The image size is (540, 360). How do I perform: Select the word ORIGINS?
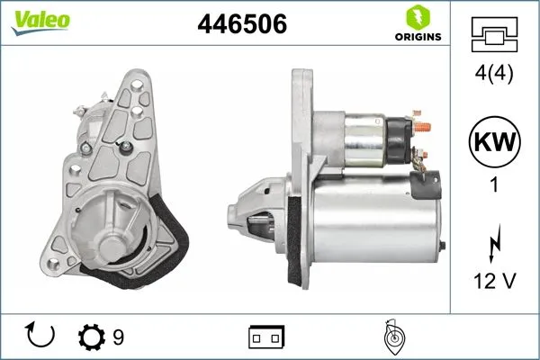click(x=418, y=38)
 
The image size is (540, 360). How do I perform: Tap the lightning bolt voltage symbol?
click(x=494, y=244)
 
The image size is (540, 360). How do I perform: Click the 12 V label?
click(x=494, y=282)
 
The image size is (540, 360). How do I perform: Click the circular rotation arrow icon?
click(x=42, y=336)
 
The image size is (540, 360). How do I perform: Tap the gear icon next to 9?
click(x=92, y=337)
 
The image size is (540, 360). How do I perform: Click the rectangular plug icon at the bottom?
click(x=265, y=337)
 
